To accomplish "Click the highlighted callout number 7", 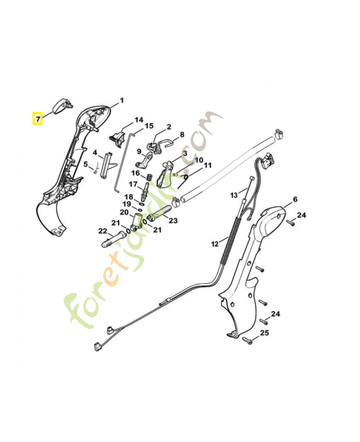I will click(x=38, y=118).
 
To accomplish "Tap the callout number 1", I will click(x=122, y=101).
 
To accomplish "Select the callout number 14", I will click(x=139, y=120).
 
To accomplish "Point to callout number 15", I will click(x=149, y=127).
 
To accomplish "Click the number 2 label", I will click(x=168, y=127).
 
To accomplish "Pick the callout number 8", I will click(x=182, y=134).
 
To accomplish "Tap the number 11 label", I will click(x=208, y=165).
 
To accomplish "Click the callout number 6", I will click(x=295, y=199).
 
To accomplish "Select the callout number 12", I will click(x=214, y=243).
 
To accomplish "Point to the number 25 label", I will click(x=264, y=333).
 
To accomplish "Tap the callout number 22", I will click(x=103, y=231).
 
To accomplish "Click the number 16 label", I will click(x=135, y=173).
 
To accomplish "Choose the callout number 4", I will click(x=95, y=152).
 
